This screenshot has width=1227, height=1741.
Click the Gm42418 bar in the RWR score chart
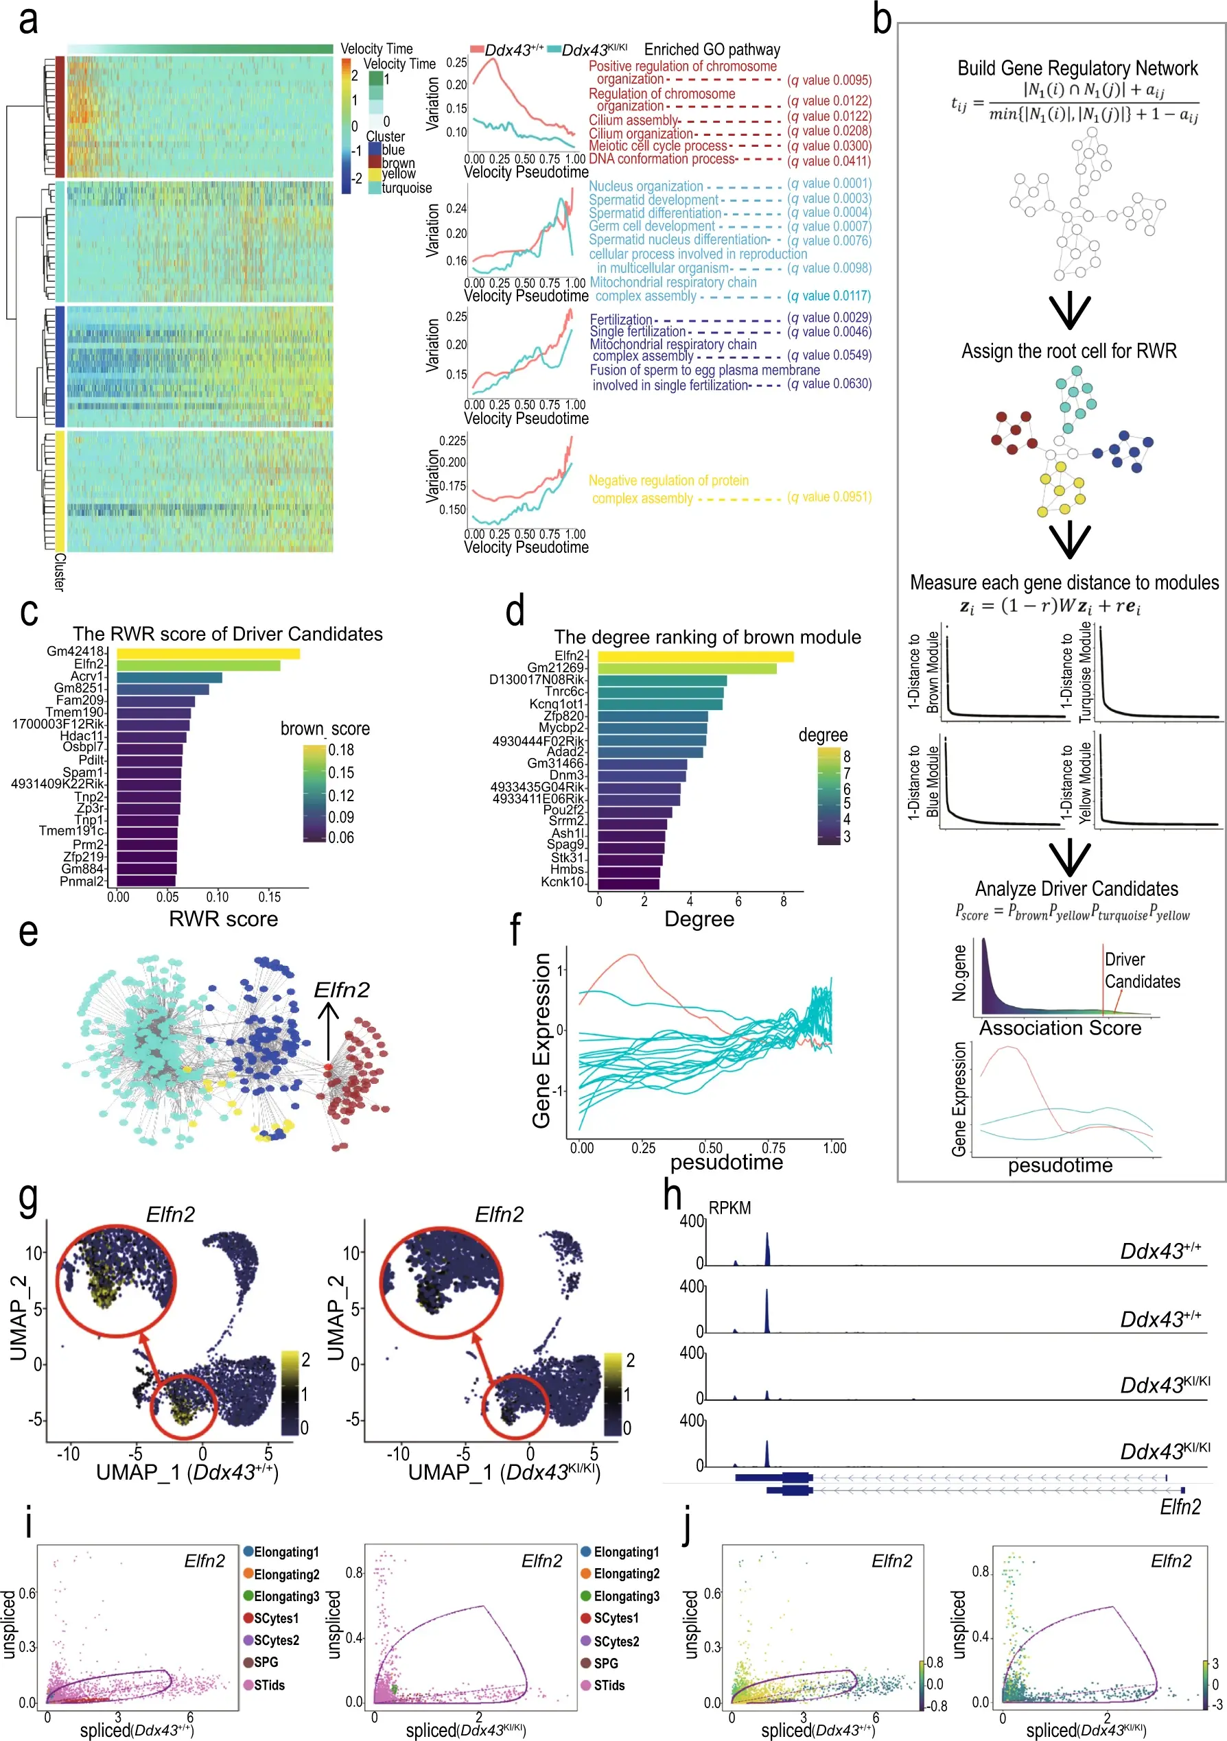click(208, 654)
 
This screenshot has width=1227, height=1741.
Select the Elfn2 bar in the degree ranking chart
click(695, 656)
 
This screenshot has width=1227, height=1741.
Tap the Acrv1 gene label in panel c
click(88, 676)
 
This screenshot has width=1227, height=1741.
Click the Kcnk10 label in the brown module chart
click(562, 882)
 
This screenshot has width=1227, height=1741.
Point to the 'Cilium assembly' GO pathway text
click(633, 121)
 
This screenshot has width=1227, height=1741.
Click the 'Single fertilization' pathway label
click(637, 331)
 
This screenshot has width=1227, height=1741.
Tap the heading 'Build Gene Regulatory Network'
click(1077, 68)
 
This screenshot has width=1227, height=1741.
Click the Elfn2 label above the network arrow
click(341, 990)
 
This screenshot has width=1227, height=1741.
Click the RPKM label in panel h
click(729, 1208)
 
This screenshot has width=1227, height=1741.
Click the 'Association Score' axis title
click(1060, 1028)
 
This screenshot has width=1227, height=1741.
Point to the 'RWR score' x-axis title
click(223, 919)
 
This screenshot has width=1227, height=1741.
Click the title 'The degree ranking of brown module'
click(707, 637)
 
